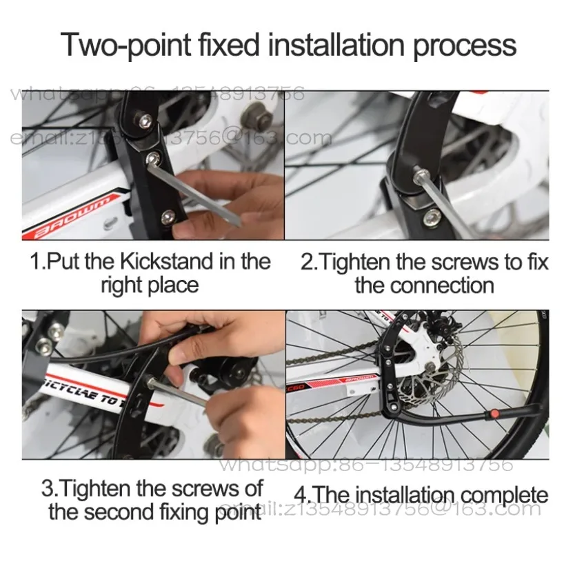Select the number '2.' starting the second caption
(x=310, y=263)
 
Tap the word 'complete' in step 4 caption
(x=504, y=495)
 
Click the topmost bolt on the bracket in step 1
(x=145, y=121)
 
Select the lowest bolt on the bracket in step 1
(x=166, y=219)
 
